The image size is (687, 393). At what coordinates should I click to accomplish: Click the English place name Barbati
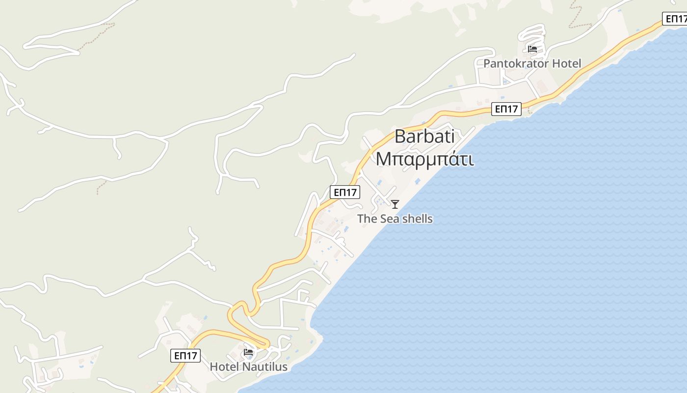coord(424,136)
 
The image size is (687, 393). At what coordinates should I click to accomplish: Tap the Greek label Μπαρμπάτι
coord(424,159)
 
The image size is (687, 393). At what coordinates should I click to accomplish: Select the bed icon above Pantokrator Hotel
coord(532,49)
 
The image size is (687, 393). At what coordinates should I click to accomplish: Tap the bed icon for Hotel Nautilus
coord(249,352)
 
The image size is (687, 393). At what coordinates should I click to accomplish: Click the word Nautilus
coord(264,367)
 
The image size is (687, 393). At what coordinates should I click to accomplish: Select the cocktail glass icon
coord(395,204)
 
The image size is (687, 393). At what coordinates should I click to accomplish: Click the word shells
coord(417,219)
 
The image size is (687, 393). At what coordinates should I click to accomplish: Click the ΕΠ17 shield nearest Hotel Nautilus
coord(185,356)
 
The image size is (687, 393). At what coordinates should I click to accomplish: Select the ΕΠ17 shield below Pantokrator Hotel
coord(506,109)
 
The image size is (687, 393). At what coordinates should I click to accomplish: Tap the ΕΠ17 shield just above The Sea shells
coord(345,192)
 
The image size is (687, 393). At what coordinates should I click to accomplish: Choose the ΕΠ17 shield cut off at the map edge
coord(675,19)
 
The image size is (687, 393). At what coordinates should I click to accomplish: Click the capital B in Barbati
coord(400,136)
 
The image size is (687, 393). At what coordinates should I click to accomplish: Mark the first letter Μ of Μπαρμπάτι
coord(383,159)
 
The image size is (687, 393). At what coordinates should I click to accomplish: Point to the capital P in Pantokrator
coord(487,63)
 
